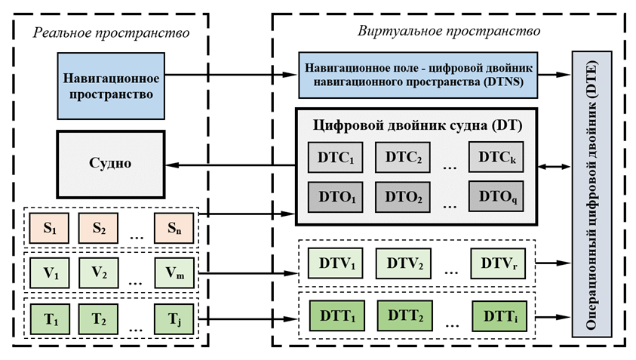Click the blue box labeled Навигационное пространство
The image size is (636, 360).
110,85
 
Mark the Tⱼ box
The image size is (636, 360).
173,318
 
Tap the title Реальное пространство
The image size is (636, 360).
111,33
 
